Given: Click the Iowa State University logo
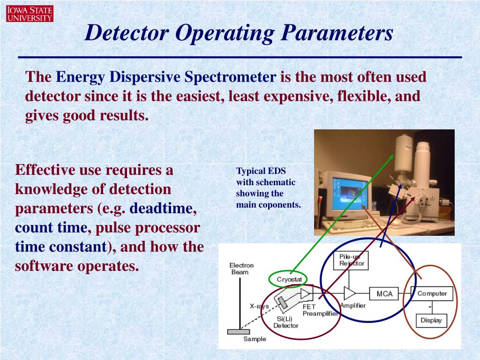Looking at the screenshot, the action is point(30,14).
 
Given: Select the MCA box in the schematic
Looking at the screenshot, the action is point(384,294).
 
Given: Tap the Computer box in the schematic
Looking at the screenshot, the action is point(432,293).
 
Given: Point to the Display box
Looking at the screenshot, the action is point(431,321).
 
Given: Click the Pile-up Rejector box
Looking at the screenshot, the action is point(353,260).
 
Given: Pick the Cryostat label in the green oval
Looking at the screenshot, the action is point(288,279).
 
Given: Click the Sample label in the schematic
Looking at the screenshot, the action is point(255,339).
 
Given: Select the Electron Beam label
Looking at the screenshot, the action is point(241,269).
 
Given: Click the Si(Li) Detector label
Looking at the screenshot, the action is point(285,322).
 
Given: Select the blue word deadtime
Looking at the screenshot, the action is point(161,209).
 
